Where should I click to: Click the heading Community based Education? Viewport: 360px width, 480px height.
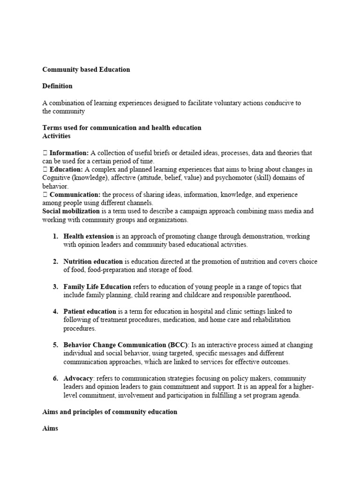coord(86,69)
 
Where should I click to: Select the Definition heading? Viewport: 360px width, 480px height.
coord(57,86)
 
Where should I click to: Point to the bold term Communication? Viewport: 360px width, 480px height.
coord(75,195)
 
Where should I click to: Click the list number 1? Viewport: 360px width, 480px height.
coord(55,236)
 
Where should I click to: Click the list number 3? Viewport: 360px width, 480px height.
coord(55,286)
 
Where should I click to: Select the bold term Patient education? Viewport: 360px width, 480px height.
coord(90,311)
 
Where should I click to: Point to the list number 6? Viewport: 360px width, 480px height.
coord(55,378)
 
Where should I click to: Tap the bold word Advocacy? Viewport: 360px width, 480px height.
coord(78,378)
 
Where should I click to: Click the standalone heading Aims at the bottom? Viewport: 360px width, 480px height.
coord(50,428)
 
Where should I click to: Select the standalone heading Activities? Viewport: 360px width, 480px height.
coord(56,136)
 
